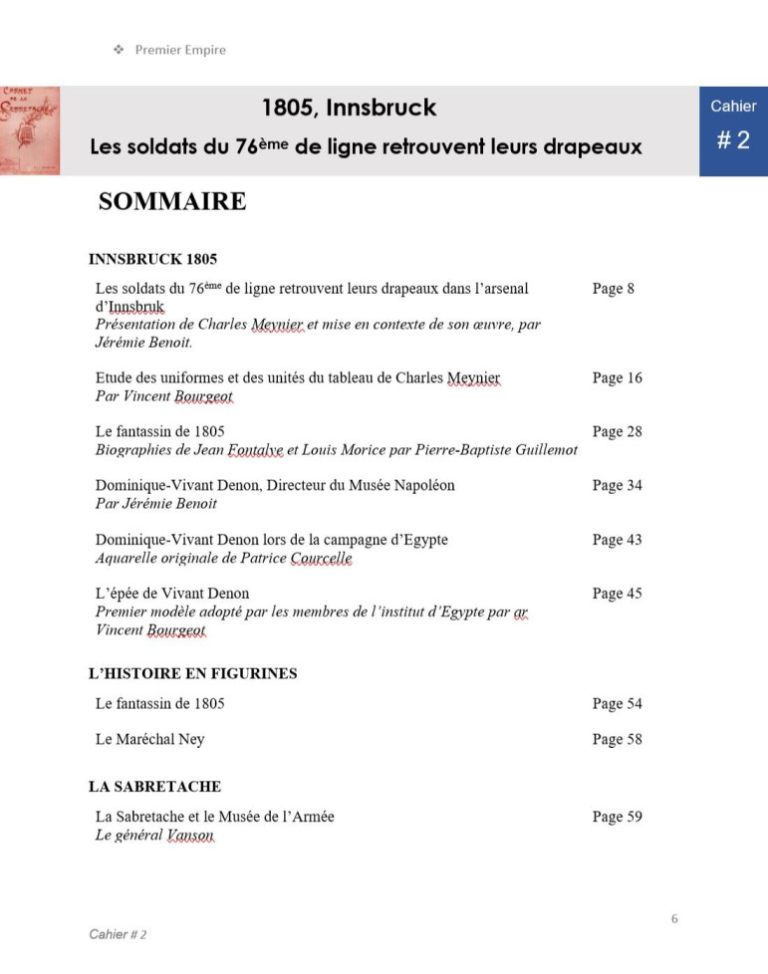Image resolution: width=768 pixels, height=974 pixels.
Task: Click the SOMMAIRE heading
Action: pos(171,202)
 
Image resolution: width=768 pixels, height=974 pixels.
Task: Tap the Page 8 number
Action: pos(613,289)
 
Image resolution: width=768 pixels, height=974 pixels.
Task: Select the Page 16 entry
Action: pos(617,378)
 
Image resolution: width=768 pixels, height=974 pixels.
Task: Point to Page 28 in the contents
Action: pos(617,432)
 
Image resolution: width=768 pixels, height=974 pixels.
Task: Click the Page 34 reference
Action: pos(617,486)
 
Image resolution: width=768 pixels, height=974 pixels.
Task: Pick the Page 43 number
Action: pos(617,540)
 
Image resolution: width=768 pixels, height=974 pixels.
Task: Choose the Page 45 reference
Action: pos(617,594)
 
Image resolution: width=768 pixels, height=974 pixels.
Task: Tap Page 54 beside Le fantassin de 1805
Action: pos(617,704)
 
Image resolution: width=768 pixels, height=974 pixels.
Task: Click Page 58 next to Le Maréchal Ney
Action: pos(617,740)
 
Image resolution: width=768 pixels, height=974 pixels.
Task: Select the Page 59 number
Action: pos(617,818)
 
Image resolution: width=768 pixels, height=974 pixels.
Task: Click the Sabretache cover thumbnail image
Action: pos(30,130)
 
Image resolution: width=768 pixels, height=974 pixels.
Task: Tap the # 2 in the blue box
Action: pos(733,140)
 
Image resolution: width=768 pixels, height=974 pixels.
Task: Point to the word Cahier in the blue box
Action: pos(733,107)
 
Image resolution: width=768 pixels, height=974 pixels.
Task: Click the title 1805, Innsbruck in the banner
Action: pos(349,108)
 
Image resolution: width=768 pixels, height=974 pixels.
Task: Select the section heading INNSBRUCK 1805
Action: pos(152,260)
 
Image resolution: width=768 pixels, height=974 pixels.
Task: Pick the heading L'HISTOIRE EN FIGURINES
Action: pos(192,674)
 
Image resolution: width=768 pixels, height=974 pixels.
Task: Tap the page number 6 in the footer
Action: pos(674,918)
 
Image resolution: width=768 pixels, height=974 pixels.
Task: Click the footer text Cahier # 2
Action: pos(118,934)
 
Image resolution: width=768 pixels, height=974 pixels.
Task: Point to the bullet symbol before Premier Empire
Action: pos(118,50)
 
